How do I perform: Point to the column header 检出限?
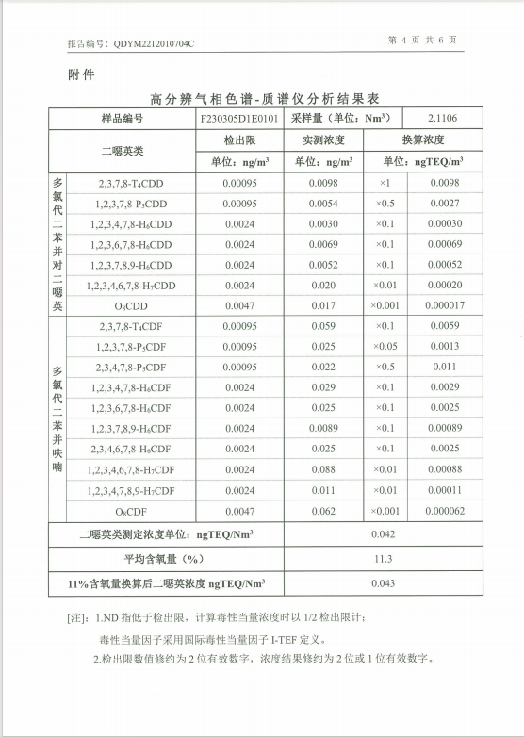tap(239, 140)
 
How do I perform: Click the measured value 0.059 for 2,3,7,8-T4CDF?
tap(323, 326)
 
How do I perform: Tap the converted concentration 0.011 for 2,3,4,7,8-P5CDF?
tap(444, 367)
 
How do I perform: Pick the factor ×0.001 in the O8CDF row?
tap(385, 511)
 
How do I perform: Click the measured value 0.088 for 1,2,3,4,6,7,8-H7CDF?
tap(323, 469)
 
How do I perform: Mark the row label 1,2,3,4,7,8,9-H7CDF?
tap(130, 490)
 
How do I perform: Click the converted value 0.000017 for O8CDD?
tap(444, 305)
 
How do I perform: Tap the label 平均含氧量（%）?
tap(165, 559)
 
